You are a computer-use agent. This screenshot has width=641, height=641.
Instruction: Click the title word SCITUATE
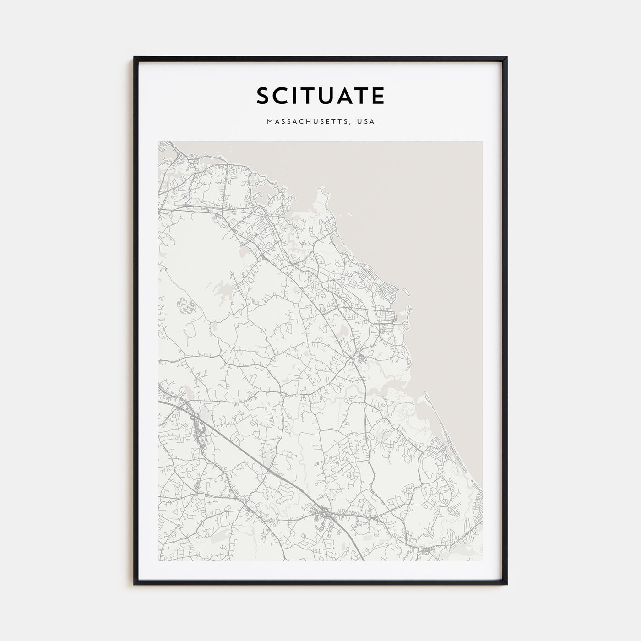click(320, 96)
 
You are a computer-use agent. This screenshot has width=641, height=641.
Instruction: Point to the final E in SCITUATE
click(378, 96)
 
